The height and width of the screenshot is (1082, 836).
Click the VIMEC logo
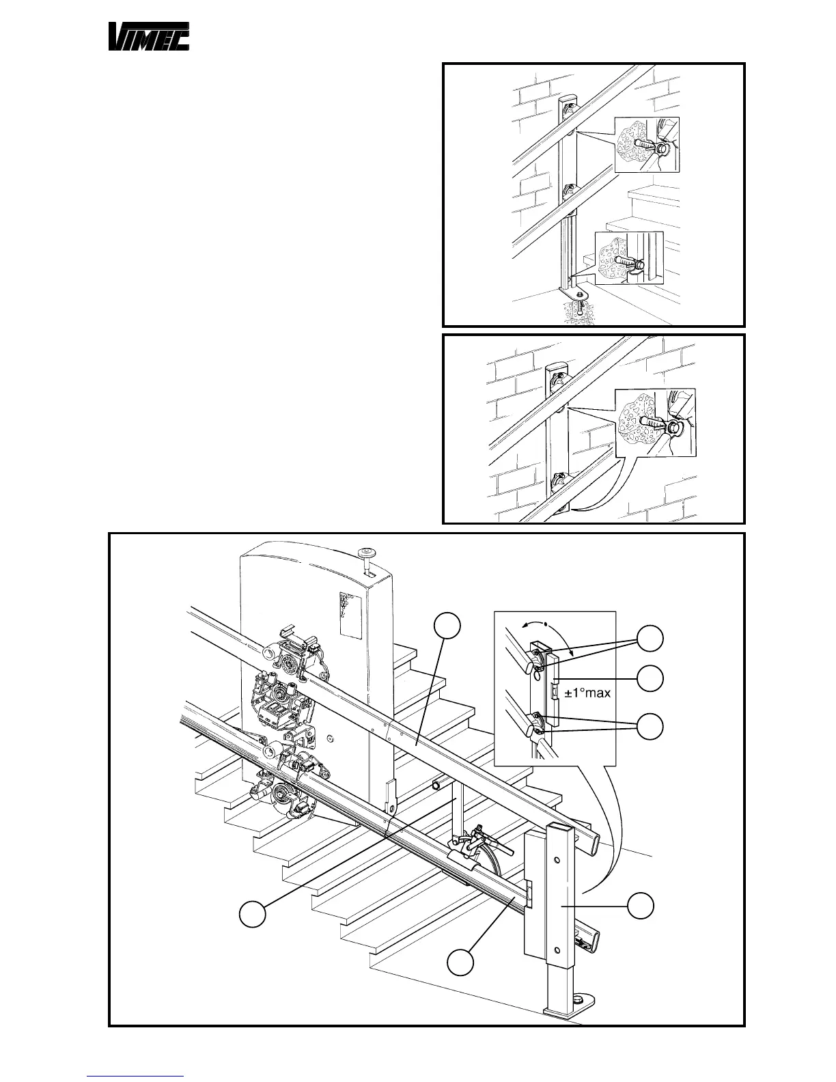(150, 37)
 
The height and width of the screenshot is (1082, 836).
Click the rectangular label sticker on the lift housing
(350, 615)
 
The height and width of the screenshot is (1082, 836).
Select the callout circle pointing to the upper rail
(448, 626)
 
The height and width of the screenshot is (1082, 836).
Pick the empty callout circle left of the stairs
(252, 915)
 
